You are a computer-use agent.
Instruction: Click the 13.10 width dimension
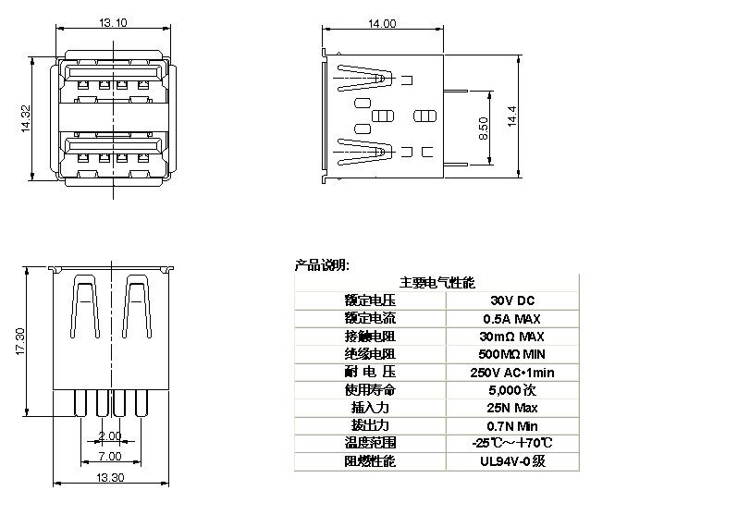coord(113,22)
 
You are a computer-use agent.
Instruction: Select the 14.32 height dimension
coord(25,118)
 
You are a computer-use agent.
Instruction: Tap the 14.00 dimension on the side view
coord(382,23)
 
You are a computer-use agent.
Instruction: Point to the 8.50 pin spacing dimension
coord(484,128)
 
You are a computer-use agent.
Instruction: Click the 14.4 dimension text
coord(512,116)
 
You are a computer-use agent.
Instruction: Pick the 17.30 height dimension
coord(20,341)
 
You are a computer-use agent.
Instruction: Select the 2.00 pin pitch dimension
coord(110,436)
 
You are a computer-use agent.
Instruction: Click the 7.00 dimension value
coord(110,456)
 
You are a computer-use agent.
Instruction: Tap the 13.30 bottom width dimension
coord(110,478)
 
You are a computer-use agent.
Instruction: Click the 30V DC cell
coord(512,300)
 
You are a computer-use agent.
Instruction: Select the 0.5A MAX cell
coord(511,319)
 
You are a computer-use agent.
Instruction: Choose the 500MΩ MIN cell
coord(511,354)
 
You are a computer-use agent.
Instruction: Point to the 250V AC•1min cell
coord(512,373)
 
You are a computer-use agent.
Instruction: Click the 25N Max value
coord(512,408)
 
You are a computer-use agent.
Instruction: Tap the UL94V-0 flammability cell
coord(512,460)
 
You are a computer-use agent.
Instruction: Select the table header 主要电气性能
coord(437,282)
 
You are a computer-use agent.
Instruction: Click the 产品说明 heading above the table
coord(322,265)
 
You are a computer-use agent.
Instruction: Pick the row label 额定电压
coord(370,300)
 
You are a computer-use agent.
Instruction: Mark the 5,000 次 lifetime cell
coord(512,390)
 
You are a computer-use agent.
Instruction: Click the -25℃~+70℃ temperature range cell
coord(512,443)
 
